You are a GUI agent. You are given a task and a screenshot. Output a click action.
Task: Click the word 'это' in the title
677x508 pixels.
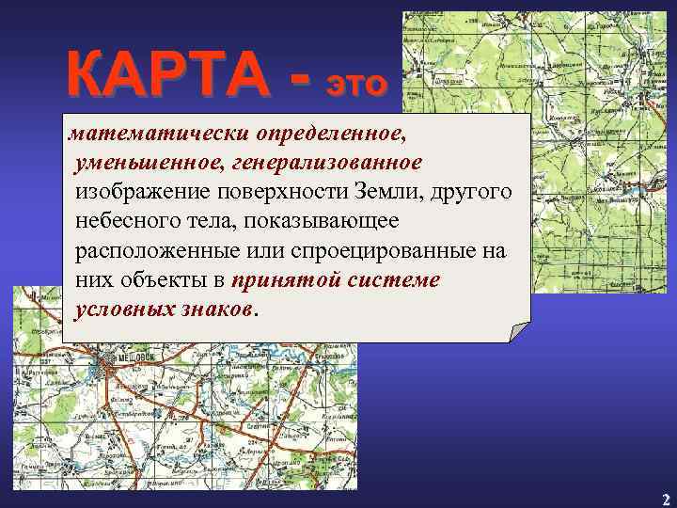pos(356,83)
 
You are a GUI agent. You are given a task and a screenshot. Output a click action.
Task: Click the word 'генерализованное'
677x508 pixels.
pos(323,165)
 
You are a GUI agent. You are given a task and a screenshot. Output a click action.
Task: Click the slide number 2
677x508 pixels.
pos(664,499)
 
